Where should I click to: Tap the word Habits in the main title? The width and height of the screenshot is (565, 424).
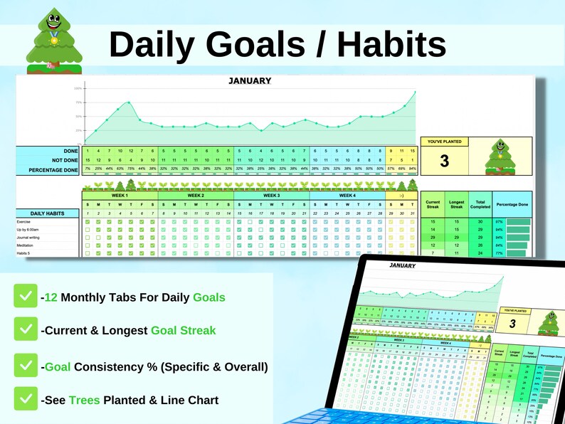click(x=391, y=44)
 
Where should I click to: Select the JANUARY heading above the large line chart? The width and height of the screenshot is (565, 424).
click(x=250, y=80)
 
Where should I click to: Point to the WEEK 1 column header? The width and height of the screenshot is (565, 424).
click(x=120, y=195)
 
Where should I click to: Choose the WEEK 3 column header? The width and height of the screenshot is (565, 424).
click(x=271, y=195)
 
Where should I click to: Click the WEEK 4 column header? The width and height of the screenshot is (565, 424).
click(x=347, y=195)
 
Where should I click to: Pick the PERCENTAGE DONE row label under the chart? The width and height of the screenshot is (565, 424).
click(x=54, y=171)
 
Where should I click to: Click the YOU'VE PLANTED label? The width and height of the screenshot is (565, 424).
click(x=444, y=142)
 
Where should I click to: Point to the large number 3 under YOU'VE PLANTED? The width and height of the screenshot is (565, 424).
click(x=444, y=161)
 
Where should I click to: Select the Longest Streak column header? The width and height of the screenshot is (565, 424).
click(x=456, y=205)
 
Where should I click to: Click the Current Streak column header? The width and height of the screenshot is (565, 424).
click(x=433, y=205)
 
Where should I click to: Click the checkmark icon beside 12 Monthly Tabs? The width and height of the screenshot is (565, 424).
click(x=26, y=297)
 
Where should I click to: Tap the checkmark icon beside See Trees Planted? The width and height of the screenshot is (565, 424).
click(x=26, y=399)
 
